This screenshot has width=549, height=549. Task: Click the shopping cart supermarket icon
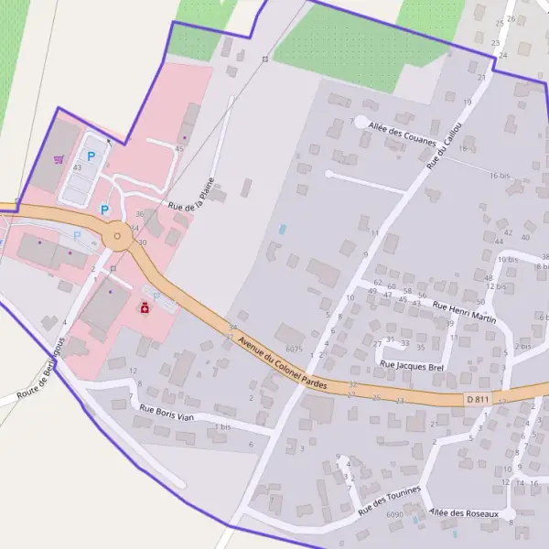tap(59, 159)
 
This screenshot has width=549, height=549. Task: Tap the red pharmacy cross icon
tap(145, 309)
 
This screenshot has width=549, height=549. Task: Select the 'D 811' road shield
tap(477, 400)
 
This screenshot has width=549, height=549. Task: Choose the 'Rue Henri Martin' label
tap(464, 313)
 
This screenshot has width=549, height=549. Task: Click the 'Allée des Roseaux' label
tap(467, 513)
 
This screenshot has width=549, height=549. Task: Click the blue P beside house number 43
tap(91, 156)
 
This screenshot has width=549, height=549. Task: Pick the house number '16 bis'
tap(499, 175)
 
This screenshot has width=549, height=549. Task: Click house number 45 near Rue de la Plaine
tap(179, 148)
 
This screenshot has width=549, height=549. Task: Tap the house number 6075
tap(294, 349)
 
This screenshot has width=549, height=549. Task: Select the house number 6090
tap(395, 516)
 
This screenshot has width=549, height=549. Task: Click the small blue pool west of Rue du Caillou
tap(282, 228)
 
